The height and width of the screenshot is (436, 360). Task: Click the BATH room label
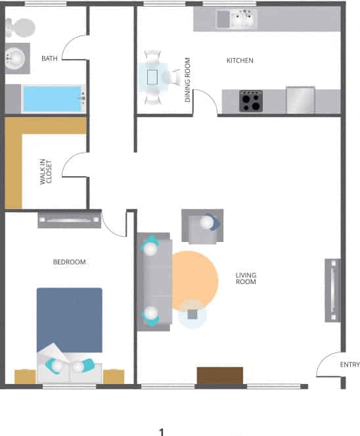click(x=49, y=59)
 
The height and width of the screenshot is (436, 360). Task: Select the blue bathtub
click(x=53, y=99)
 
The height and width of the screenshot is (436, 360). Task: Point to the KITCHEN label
click(x=240, y=61)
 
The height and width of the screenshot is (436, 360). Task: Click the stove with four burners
click(x=250, y=101)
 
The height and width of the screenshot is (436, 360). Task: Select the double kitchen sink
click(x=242, y=20)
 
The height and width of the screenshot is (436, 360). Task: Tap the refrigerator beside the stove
click(x=300, y=100)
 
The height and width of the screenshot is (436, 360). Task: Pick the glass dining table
click(x=154, y=77)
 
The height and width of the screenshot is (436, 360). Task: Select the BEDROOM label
click(x=69, y=262)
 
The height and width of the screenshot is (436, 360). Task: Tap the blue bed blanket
click(x=69, y=319)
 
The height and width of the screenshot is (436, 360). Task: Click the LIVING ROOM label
click(x=246, y=278)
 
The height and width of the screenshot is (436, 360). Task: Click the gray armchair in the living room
click(x=202, y=226)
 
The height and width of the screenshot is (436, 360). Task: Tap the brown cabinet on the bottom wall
click(x=219, y=375)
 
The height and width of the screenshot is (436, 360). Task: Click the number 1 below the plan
click(x=161, y=432)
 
